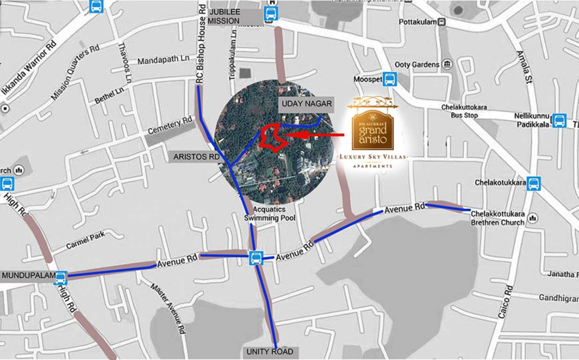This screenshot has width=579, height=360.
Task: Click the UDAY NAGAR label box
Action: click(306, 104)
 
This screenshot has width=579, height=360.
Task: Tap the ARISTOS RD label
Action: click(196, 157)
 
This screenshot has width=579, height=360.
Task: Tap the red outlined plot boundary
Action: click(272, 137)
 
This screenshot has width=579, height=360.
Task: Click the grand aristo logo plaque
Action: click(372, 127)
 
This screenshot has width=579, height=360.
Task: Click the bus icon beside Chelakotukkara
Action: click(534, 183)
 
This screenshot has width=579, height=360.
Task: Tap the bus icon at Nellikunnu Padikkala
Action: click(559, 120)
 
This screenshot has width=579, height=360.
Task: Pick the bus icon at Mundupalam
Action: click(60, 278)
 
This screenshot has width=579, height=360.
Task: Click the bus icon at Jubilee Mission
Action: click(270, 14)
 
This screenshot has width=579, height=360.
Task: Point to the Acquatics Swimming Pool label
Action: click(269, 214)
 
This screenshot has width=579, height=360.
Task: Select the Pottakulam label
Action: click(418, 22)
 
